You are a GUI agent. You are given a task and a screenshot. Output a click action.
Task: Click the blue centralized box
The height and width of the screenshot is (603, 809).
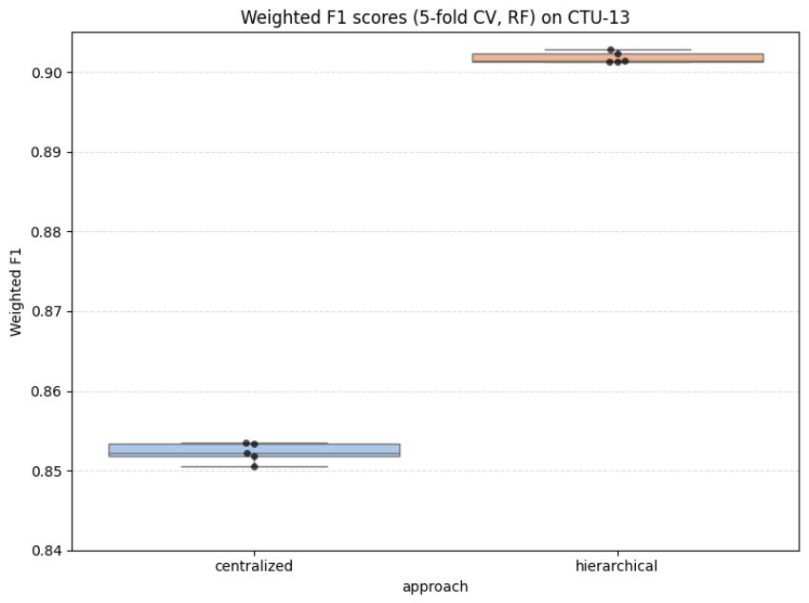tap(255, 450)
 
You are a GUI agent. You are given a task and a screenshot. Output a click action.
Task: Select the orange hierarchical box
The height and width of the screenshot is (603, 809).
tap(618, 58)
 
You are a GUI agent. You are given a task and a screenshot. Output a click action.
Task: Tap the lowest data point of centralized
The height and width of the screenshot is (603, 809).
tap(255, 467)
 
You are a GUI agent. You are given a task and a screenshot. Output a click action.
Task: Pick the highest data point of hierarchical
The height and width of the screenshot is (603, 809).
tap(611, 50)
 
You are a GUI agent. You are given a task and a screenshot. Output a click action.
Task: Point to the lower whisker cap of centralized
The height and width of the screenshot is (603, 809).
tap(255, 467)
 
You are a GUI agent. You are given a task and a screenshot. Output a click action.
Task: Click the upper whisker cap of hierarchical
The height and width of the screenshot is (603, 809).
tap(618, 50)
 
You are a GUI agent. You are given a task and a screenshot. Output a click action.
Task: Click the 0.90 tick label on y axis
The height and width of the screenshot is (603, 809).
tap(47, 73)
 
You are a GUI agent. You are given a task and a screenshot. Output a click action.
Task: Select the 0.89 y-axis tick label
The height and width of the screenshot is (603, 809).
tap(47, 153)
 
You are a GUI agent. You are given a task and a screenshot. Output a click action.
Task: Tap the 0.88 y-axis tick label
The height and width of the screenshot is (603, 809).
tap(47, 232)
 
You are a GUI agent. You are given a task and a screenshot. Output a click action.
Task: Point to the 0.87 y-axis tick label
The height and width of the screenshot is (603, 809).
tap(47, 312)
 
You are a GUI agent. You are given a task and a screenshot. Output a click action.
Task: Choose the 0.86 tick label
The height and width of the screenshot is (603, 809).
tap(47, 392)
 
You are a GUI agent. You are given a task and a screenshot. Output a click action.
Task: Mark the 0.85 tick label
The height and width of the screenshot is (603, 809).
tap(47, 472)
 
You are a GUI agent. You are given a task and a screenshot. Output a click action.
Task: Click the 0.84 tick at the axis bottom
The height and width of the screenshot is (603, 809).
tap(47, 551)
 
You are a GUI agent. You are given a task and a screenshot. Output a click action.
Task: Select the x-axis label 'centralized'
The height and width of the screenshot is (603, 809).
tap(254, 566)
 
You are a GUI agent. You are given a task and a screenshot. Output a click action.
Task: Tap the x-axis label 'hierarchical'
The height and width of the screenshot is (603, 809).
tap(617, 566)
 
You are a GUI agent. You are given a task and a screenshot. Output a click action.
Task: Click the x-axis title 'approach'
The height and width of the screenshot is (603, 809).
tap(435, 588)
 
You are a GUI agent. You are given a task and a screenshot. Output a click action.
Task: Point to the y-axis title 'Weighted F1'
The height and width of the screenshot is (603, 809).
tap(16, 292)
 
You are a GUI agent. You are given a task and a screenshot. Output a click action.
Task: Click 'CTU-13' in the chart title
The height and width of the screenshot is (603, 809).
tap(599, 17)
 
